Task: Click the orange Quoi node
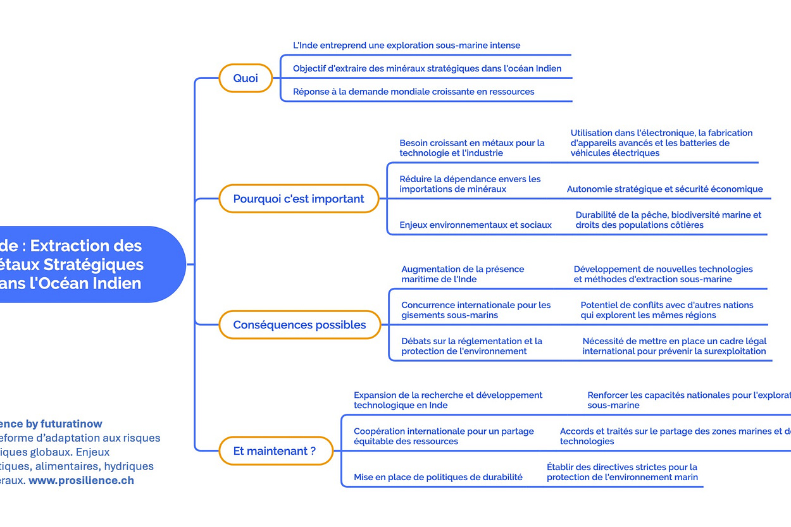[x=246, y=78]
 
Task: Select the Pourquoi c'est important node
[x=299, y=199]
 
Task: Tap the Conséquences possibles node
[x=299, y=325]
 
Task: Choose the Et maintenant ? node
[x=275, y=451]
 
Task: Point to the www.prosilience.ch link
[x=81, y=480]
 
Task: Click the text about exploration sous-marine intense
[x=406, y=46]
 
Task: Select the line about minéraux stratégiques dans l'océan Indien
[x=427, y=68]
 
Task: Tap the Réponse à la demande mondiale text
[x=413, y=92]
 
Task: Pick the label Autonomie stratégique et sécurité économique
[x=664, y=189]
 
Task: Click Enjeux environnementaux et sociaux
[x=475, y=225]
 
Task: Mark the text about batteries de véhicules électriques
[x=661, y=143]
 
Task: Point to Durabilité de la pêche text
[x=668, y=220]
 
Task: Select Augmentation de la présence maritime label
[x=463, y=274]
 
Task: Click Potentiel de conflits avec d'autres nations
[x=667, y=310]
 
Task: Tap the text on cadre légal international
[x=674, y=346]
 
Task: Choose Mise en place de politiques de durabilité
[x=438, y=477]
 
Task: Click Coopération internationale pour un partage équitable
[x=444, y=436]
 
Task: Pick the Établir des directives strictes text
[x=622, y=472]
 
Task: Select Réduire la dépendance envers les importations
[x=470, y=184]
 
